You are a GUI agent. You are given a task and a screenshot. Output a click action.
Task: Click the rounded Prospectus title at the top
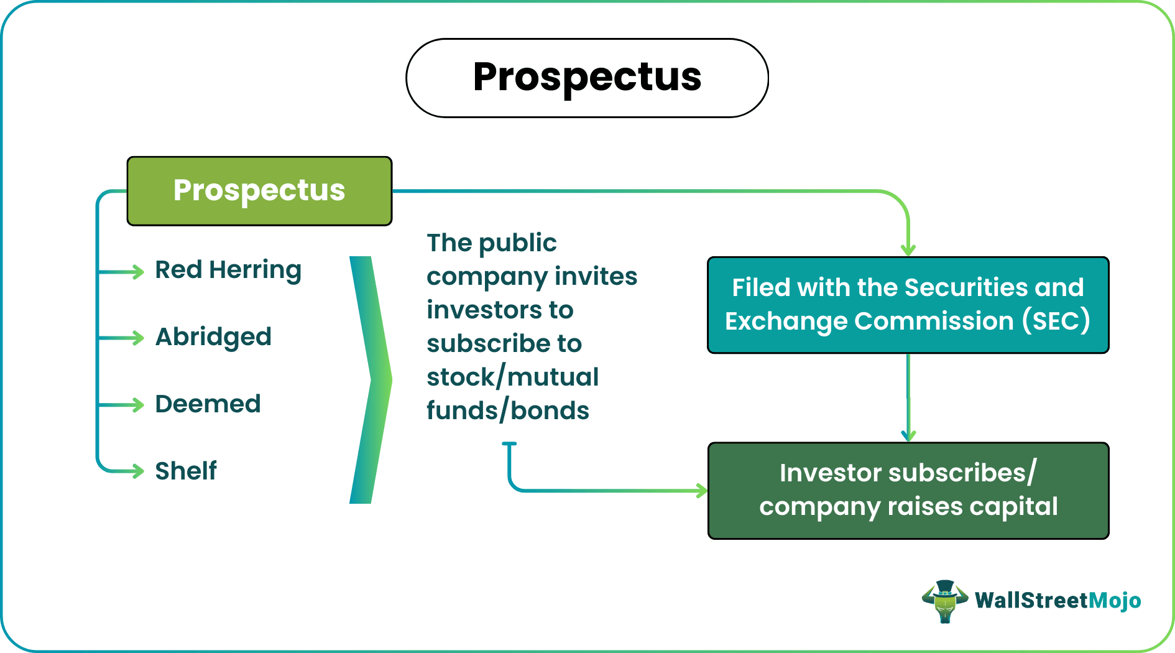pos(587,78)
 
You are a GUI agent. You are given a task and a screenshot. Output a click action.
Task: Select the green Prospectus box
pos(259,191)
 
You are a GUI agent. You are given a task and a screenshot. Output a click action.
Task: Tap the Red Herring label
pos(228,271)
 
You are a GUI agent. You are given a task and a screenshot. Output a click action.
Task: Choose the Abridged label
pos(213,337)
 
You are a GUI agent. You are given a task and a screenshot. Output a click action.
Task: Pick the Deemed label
pos(208,404)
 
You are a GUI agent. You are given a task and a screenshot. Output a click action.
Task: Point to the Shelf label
pos(186,471)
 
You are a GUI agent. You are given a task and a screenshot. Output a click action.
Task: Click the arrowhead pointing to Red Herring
pos(137,272)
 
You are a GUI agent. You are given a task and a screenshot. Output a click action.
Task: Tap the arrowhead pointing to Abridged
pos(137,338)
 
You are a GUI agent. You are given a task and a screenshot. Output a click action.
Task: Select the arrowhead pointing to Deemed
pos(137,405)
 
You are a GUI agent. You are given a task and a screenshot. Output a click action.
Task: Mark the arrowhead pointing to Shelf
pos(137,471)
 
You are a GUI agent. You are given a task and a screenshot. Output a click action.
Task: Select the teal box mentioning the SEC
pos(908,305)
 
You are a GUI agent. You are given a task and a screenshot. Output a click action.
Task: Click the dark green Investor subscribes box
pos(908,490)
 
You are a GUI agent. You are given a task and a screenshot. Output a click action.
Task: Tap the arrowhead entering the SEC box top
pos(908,250)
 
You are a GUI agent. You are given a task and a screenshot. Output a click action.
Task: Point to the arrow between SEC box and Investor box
pos(908,398)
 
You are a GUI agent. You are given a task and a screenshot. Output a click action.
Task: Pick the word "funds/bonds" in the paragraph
pos(507,410)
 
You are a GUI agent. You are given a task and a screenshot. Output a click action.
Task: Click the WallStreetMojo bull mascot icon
pos(944,601)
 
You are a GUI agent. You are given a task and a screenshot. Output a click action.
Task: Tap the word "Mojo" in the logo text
pos(1115,601)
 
